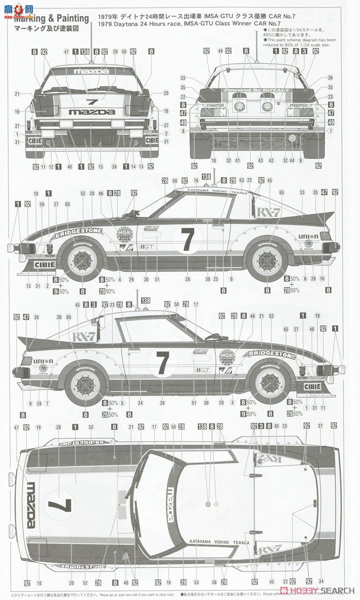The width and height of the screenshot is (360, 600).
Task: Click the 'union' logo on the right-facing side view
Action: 308,236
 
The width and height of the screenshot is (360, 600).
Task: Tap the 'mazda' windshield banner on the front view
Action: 91,72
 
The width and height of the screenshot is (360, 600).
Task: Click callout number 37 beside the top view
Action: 320,425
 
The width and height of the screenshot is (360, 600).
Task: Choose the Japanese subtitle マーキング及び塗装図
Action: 50,29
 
